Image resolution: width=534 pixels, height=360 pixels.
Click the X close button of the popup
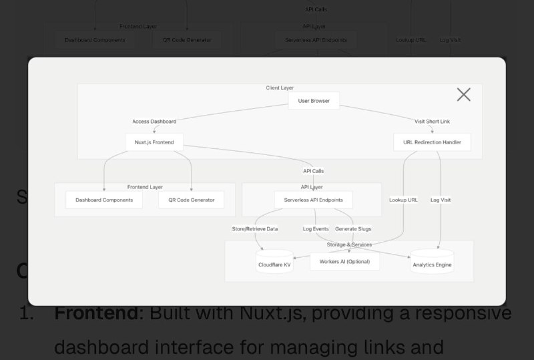[464, 95]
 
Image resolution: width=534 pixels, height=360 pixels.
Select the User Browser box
[314, 101]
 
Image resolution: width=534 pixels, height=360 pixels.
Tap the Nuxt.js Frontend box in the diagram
[154, 142]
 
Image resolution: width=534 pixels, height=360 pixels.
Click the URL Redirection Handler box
[432, 142]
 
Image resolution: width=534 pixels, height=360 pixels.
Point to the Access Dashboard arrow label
[154, 122]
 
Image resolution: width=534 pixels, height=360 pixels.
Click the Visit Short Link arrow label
[432, 122]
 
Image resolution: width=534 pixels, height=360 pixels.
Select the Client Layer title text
[280, 88]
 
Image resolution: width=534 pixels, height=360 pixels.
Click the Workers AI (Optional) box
[344, 261]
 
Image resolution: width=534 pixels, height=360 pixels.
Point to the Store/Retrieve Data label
[254, 229]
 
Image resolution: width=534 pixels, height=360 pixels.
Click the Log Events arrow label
[316, 229]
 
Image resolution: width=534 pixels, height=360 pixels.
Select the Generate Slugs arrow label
[353, 229]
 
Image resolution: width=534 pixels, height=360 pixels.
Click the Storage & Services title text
[349, 245]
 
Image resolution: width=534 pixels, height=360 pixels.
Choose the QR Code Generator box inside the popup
[191, 200]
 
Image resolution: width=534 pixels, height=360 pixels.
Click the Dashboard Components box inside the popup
[104, 200]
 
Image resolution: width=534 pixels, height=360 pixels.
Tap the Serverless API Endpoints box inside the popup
[313, 200]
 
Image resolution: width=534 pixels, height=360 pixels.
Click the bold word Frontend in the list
[98, 313]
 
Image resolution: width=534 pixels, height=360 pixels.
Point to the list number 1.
[26, 313]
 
